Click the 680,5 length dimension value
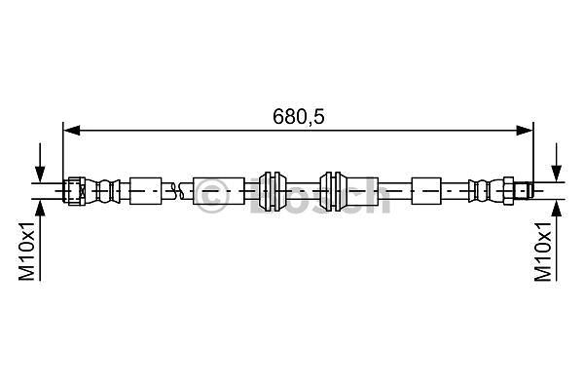(x=299, y=117)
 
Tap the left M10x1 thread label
(x=27, y=251)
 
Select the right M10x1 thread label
(x=543, y=251)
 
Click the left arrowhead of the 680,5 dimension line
(x=72, y=131)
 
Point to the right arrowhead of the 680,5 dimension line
(x=525, y=131)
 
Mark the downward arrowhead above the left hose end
(x=40, y=174)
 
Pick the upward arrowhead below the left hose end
(x=40, y=208)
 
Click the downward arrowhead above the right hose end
(x=557, y=174)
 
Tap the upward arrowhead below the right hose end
(x=557, y=208)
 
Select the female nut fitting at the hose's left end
(x=75, y=191)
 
